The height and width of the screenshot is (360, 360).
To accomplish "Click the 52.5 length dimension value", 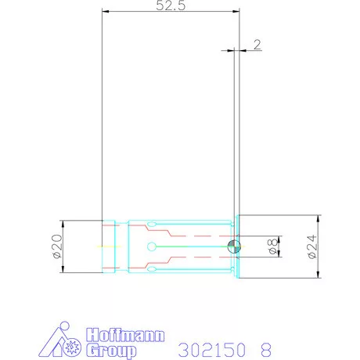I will [x=170, y=7].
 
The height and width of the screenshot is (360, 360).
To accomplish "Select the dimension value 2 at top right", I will [x=257, y=45].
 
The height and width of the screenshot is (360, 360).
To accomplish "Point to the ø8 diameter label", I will [x=273, y=247].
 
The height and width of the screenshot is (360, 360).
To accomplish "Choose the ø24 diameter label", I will [x=311, y=247].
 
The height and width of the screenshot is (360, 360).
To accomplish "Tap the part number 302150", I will [x=211, y=347].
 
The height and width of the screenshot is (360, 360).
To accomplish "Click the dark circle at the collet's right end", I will [x=234, y=247].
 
